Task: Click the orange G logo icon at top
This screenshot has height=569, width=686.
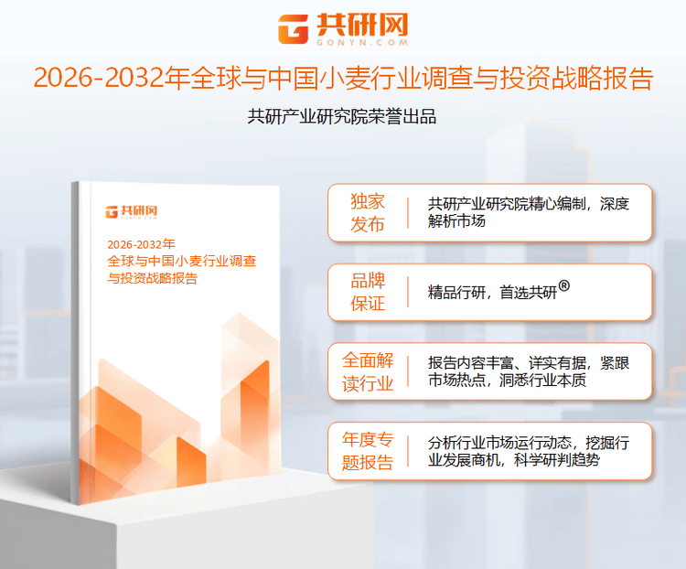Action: point(294,28)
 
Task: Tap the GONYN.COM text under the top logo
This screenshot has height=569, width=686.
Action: point(359,42)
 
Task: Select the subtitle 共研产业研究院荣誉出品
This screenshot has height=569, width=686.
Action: point(342,116)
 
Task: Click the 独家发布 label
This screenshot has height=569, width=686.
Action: point(368,213)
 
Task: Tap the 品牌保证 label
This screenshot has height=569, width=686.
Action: point(368,293)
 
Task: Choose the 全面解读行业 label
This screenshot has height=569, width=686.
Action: point(368,372)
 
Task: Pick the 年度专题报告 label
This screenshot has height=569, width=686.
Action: point(368,451)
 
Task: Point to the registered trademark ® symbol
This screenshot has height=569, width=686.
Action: point(564,286)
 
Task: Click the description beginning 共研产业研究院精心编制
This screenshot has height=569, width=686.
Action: point(528,212)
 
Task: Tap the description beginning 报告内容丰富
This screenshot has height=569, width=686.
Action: point(528,371)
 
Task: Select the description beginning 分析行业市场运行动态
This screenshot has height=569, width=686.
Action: point(528,451)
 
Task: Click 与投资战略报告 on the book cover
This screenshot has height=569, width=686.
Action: point(152,278)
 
